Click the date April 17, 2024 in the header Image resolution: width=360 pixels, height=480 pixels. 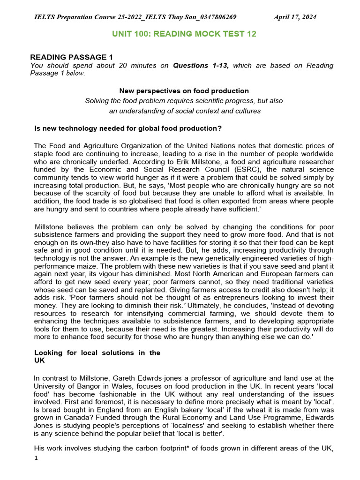[294, 17]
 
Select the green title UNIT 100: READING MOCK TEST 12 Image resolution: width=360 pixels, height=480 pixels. [184, 34]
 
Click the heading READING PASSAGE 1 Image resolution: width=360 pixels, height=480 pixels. [68, 57]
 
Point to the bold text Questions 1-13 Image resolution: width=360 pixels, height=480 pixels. [201, 66]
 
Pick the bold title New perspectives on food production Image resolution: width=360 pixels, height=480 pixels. [184, 91]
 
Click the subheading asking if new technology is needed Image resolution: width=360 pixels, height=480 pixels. [128, 128]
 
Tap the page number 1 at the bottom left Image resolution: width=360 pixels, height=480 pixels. [36, 458]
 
